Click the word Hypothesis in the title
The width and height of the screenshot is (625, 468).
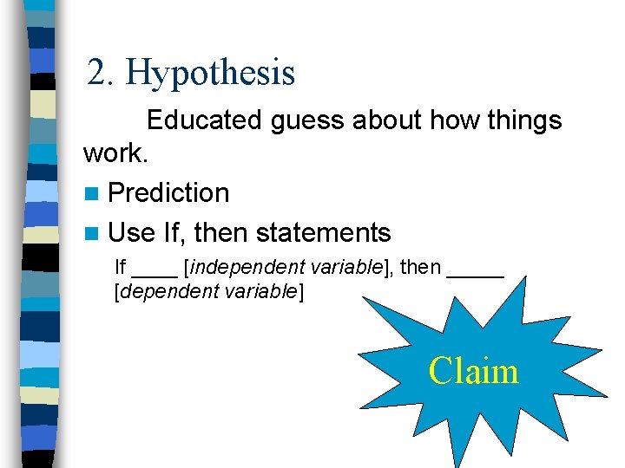(211, 73)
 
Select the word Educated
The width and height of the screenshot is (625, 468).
(205, 120)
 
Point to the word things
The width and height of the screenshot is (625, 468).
(517, 120)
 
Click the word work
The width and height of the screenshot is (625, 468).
(115, 154)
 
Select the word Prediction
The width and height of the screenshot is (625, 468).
(169, 192)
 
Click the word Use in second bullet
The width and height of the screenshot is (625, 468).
(132, 232)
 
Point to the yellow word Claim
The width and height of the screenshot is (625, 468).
(473, 371)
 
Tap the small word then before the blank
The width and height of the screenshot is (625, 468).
(420, 268)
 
